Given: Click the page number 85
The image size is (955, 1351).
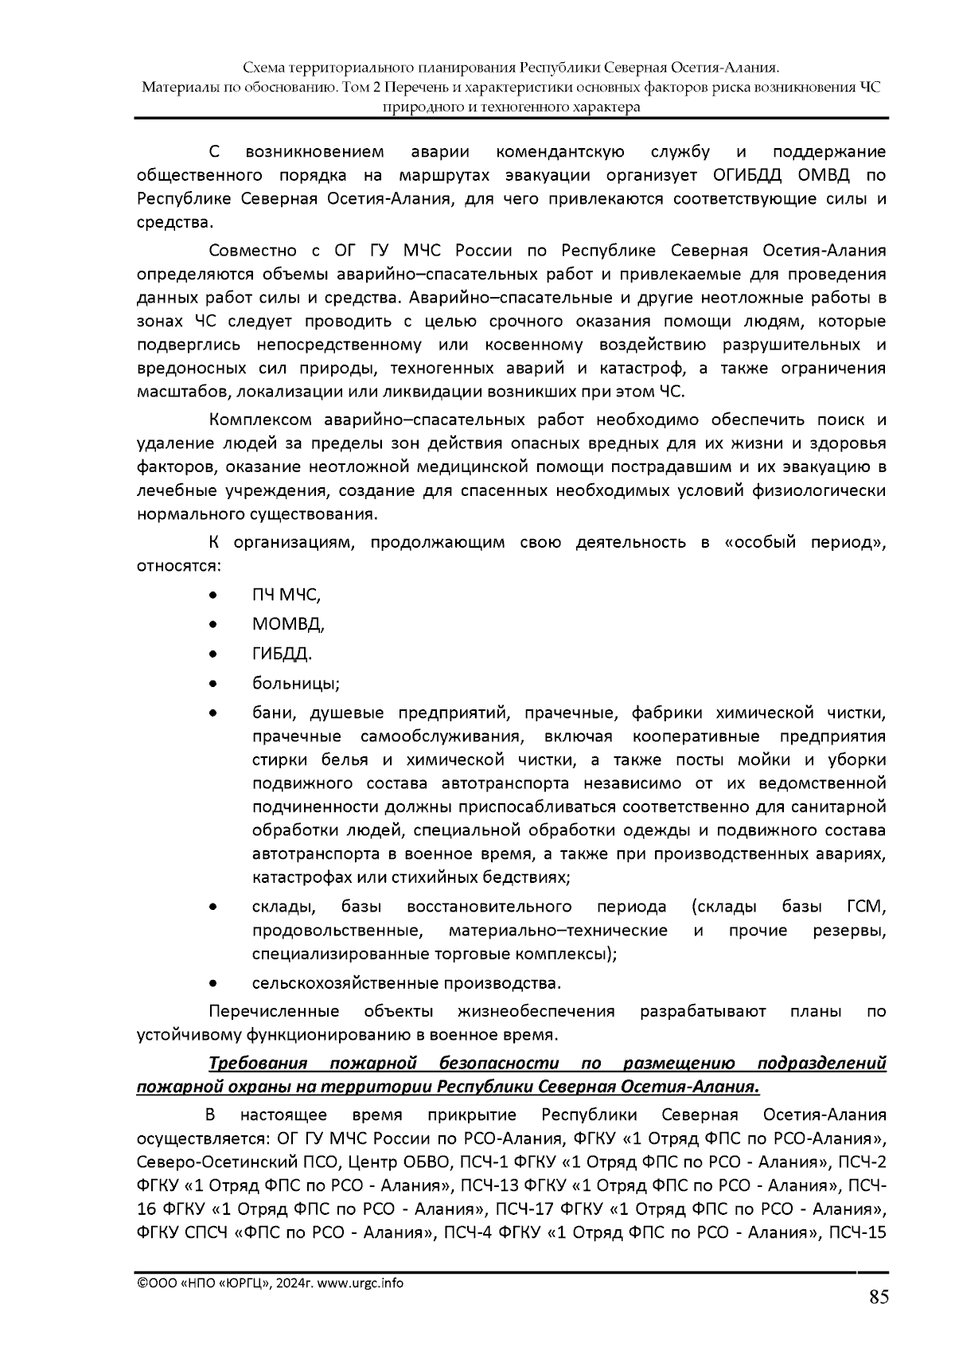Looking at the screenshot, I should (878, 1298).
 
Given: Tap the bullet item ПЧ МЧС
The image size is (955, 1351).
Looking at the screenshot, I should (286, 595).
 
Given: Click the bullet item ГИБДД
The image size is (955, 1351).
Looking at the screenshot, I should (281, 654).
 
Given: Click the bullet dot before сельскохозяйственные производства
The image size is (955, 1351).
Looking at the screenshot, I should (212, 983).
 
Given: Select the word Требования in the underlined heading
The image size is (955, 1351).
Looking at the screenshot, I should (258, 1064).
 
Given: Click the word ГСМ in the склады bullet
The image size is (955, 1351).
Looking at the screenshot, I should (867, 907).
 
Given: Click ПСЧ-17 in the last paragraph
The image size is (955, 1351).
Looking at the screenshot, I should (524, 1210).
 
